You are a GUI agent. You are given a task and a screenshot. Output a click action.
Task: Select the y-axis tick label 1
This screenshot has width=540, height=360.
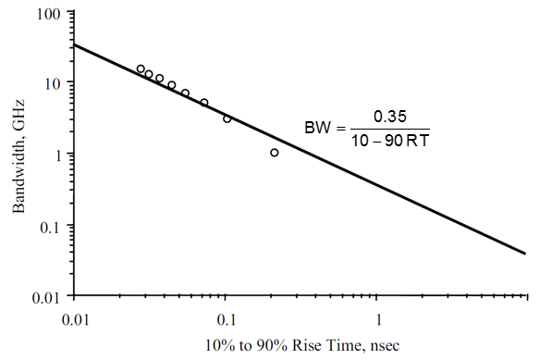[57, 154]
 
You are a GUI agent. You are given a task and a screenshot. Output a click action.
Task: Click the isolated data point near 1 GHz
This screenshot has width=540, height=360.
[275, 153]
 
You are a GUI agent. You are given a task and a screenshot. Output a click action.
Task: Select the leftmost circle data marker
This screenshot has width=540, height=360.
[141, 68]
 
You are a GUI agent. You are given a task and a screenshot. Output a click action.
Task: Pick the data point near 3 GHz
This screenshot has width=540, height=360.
[227, 118]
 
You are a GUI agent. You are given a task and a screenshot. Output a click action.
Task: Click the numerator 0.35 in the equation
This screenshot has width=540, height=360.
[388, 117]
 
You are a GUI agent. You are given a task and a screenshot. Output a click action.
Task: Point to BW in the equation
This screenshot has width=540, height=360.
[317, 128]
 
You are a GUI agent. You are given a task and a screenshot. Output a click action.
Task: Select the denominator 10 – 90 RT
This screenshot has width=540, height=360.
[388, 140]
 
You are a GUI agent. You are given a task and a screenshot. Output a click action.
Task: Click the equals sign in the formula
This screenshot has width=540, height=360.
[339, 128]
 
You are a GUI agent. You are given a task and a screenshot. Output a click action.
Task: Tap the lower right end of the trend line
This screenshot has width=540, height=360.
[526, 253]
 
